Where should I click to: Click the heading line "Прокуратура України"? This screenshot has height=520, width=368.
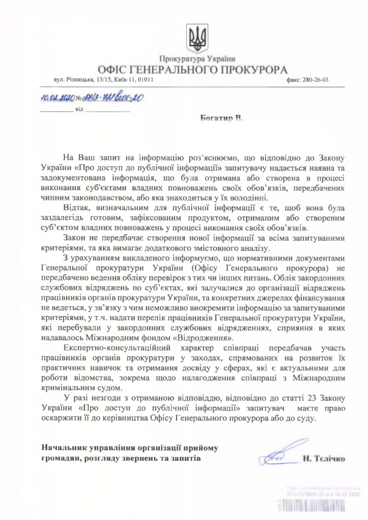click(x=197, y=58)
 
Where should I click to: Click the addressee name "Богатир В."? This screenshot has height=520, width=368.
click(x=221, y=118)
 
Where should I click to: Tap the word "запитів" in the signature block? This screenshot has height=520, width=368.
click(x=186, y=459)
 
